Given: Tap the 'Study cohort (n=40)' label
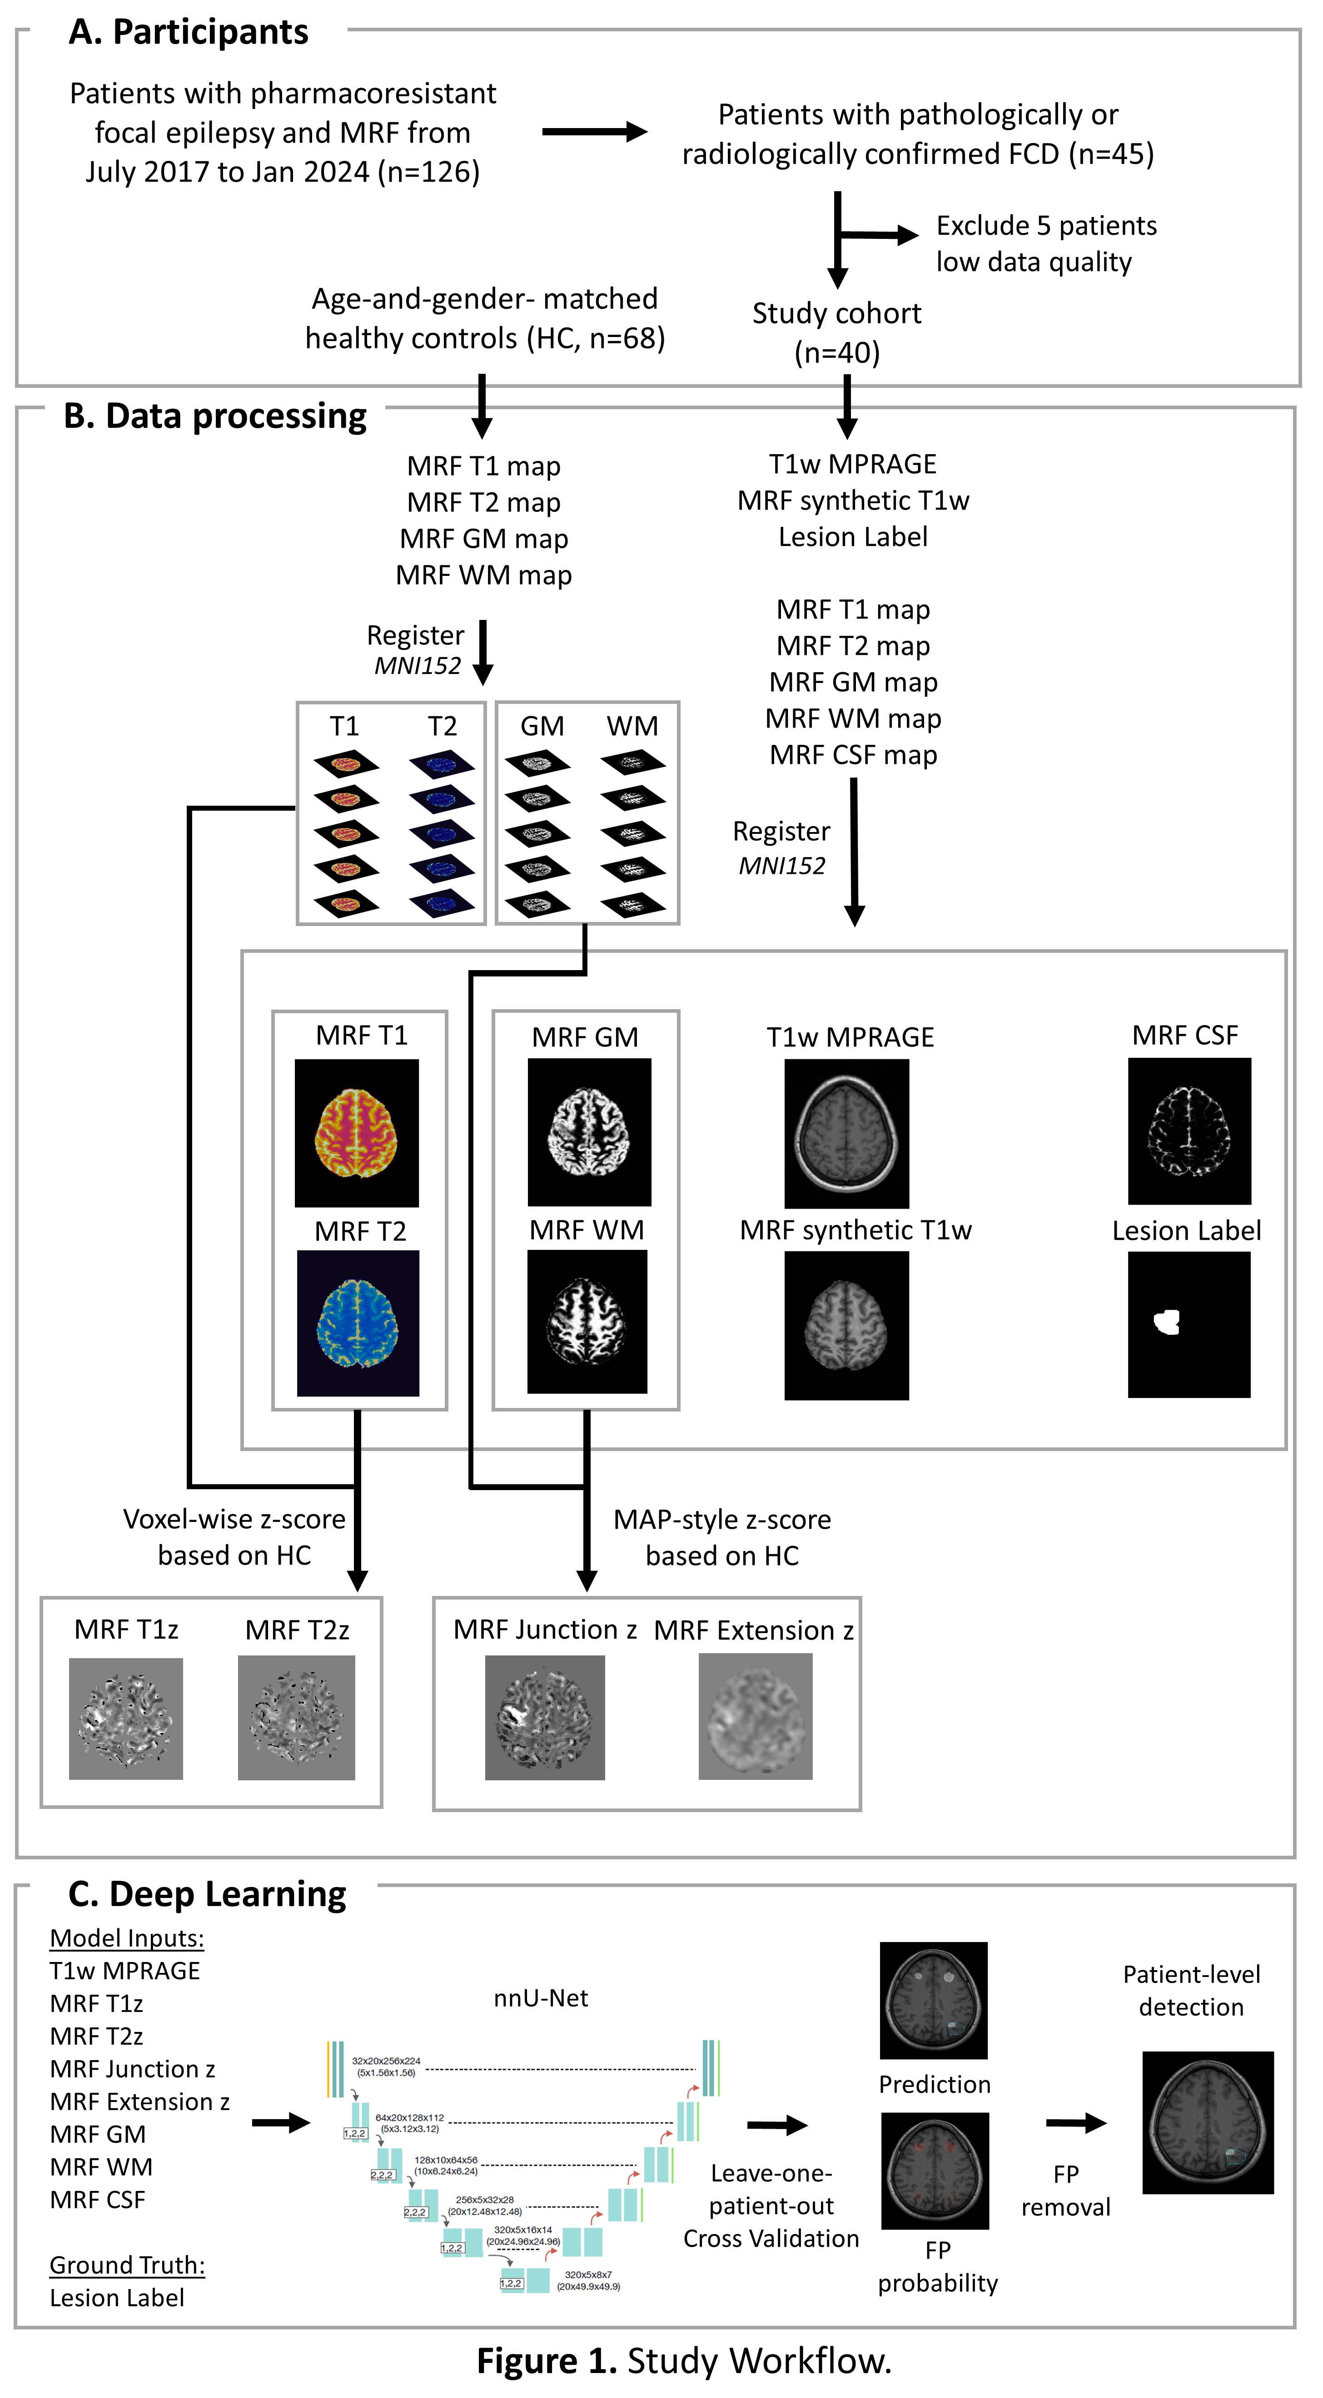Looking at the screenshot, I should point(836,332).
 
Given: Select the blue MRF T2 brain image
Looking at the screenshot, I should point(358,1323).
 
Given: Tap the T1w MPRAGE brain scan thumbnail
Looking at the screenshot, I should point(846,1133).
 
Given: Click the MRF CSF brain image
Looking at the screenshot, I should point(1189,1131).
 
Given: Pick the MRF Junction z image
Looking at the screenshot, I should point(545,1718).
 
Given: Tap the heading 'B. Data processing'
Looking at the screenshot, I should point(215,416).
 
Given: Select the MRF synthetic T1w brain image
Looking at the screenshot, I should point(846,1325).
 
